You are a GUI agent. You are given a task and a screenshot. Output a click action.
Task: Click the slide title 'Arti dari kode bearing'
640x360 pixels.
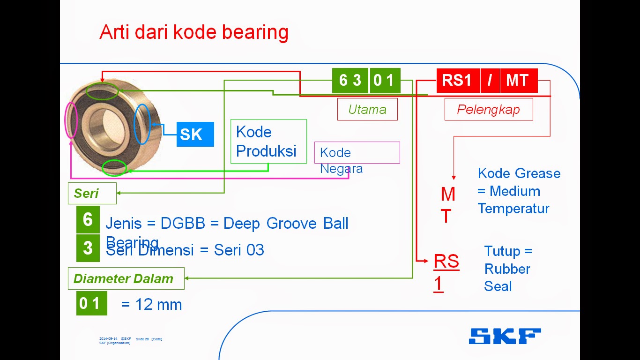tap(193, 32)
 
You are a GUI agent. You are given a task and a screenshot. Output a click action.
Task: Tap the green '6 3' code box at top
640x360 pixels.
tap(350, 81)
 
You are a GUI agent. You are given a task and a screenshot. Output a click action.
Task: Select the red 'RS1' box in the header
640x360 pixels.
tap(458, 81)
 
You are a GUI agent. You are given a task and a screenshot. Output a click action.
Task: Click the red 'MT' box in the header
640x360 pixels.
tap(518, 81)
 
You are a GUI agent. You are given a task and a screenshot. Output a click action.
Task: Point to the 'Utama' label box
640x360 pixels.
tap(367, 109)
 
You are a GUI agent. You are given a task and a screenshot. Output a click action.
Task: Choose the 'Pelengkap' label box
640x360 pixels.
tap(488, 109)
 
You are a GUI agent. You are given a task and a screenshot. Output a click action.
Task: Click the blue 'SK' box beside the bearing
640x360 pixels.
tap(195, 135)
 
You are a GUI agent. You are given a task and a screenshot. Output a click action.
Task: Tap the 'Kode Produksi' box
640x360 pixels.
tap(268, 141)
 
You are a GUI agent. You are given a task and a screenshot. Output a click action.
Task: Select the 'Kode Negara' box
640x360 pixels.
tap(357, 153)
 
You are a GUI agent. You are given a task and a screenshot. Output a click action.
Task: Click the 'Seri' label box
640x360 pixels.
tap(92, 193)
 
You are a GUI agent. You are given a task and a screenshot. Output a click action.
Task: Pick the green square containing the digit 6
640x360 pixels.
tap(88, 219)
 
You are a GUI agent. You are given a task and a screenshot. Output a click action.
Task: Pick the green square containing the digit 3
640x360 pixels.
tap(88, 247)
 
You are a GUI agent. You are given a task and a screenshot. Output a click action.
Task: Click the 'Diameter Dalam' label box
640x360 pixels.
tap(126, 278)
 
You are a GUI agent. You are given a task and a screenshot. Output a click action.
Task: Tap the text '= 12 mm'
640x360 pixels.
tap(151, 305)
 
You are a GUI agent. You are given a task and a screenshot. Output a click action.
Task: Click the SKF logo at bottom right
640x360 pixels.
tap(505, 336)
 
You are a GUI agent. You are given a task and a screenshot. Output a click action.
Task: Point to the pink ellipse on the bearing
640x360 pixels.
tap(71, 120)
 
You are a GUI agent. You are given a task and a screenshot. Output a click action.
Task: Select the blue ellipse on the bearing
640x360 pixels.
tap(141, 124)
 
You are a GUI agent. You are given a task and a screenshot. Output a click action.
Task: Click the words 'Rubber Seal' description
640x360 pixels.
tap(507, 277)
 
